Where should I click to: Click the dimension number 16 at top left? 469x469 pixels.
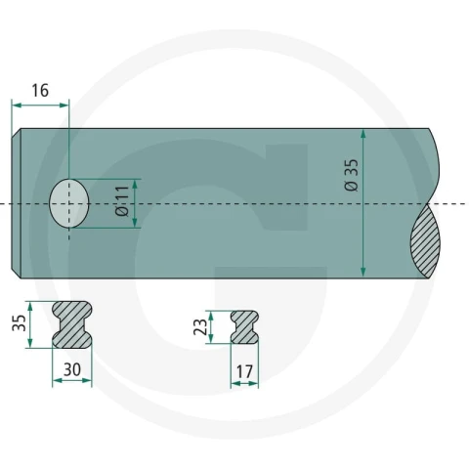click(x=40, y=91)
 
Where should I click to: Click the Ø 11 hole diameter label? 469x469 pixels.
click(x=122, y=201)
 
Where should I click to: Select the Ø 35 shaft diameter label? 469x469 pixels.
click(x=351, y=175)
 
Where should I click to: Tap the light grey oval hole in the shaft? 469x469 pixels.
click(x=69, y=203)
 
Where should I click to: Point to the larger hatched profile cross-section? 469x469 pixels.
click(x=72, y=324)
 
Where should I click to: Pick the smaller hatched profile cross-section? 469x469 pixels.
click(x=244, y=327)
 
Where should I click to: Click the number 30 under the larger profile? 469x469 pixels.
click(x=72, y=369)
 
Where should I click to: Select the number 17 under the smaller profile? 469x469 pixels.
click(x=244, y=371)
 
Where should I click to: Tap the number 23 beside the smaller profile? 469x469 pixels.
click(x=200, y=326)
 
